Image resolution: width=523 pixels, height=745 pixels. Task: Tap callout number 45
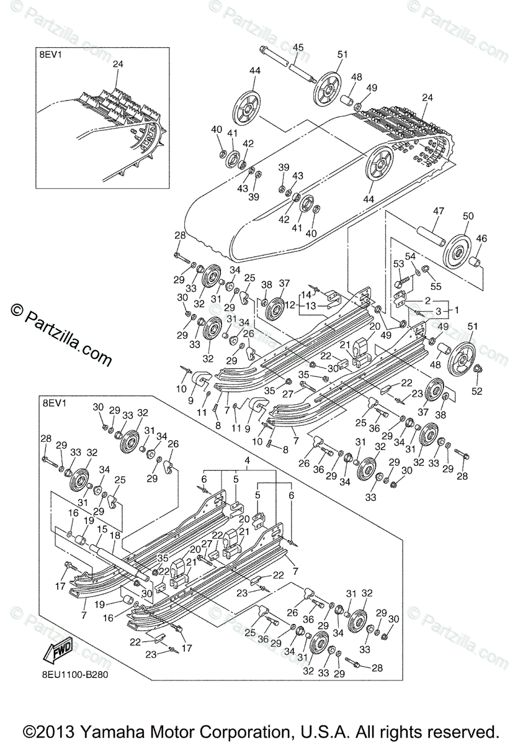click(298, 47)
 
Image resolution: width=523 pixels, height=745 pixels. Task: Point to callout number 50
click(468, 215)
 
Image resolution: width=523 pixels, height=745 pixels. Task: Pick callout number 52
click(478, 391)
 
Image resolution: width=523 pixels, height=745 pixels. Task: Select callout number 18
click(115, 535)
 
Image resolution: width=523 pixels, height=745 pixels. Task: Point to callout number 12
click(290, 305)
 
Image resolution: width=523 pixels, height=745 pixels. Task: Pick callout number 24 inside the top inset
click(118, 63)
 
